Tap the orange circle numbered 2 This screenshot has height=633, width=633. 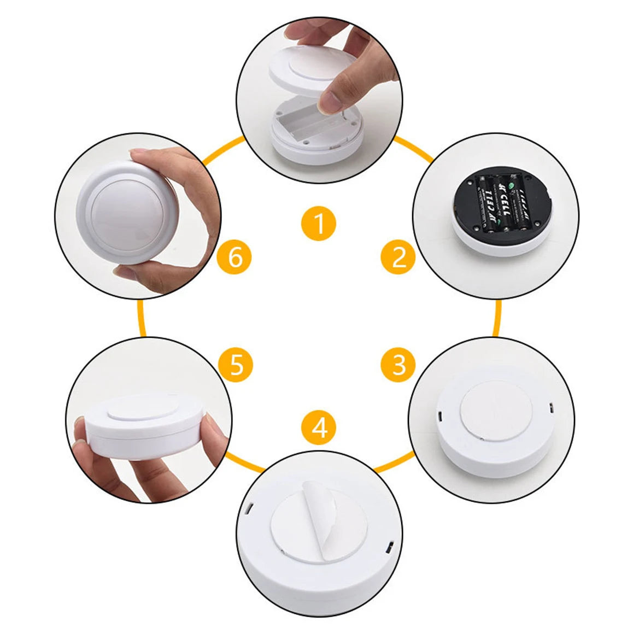coord(399,256)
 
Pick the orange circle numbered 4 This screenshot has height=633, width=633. coord(319,427)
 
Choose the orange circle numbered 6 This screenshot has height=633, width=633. coord(235,256)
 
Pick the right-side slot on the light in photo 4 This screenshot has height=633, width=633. coord(390,547)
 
